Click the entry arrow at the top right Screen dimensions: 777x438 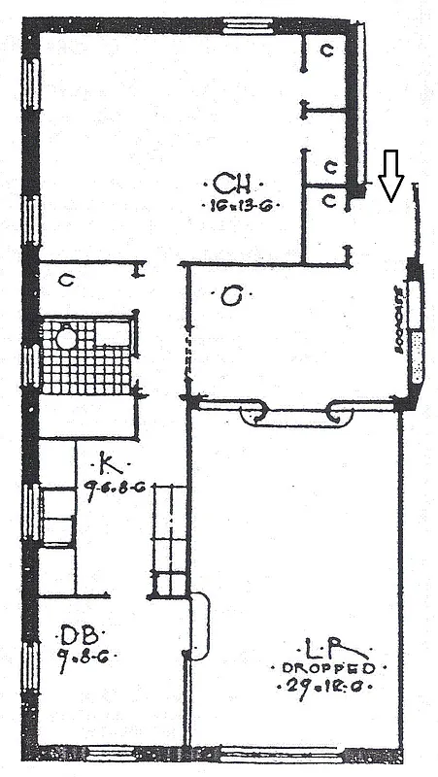(390, 174)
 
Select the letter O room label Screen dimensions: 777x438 (230, 297)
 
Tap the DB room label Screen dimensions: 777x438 (76, 636)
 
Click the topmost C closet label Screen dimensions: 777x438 (327, 51)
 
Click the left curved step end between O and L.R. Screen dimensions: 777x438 (254, 413)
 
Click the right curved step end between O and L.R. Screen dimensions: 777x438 (340, 413)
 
